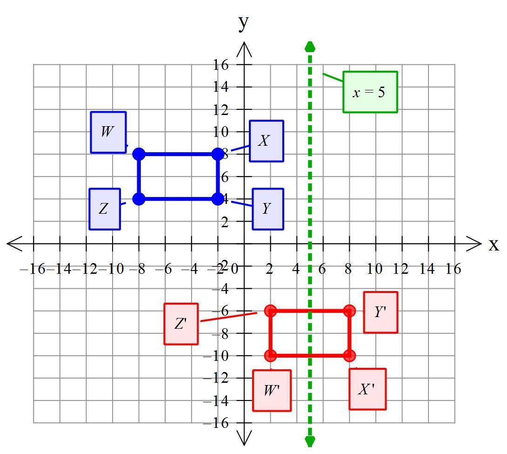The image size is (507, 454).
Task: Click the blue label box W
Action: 108,132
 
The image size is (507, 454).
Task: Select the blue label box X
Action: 267,141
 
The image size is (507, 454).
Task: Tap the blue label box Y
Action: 268,209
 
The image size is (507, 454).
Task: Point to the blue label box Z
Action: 105,209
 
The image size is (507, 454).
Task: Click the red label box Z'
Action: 181,324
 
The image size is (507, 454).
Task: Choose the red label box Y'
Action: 380,312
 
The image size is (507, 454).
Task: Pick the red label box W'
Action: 272,390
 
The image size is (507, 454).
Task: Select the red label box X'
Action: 367,389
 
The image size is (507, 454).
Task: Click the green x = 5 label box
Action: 370,92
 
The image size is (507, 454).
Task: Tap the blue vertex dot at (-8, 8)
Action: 139,154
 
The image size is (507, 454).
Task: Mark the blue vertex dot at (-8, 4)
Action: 139,199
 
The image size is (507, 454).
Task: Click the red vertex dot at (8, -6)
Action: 349,311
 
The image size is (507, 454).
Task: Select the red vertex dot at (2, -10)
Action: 271,356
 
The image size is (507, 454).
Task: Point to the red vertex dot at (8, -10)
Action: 349,356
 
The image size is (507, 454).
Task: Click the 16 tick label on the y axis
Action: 220,65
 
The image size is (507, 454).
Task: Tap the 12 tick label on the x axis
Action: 401,269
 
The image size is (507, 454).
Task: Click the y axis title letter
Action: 243,23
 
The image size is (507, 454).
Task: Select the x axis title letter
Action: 494,244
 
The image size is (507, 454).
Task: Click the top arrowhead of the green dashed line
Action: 310,47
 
